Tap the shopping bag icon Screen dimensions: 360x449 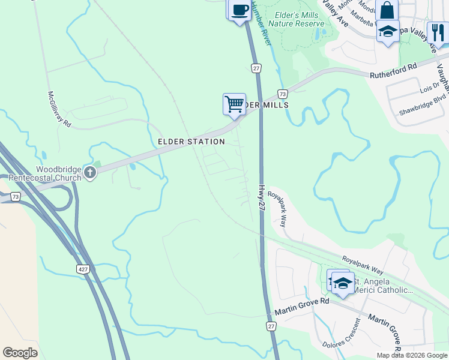tap(387, 10)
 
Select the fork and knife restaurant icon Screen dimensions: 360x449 tap(438, 32)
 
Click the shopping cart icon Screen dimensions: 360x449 tap(234, 103)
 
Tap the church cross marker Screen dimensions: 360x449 tap(90, 173)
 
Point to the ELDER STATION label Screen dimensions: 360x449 tap(191, 142)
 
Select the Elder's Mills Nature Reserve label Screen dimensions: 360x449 tap(296, 19)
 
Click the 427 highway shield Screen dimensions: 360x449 tap(83, 269)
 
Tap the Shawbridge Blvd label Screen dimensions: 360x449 tap(423, 105)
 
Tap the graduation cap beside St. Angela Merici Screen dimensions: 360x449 tap(343, 283)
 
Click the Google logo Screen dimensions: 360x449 tap(20, 353)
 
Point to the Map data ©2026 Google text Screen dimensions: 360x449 tap(412, 355)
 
